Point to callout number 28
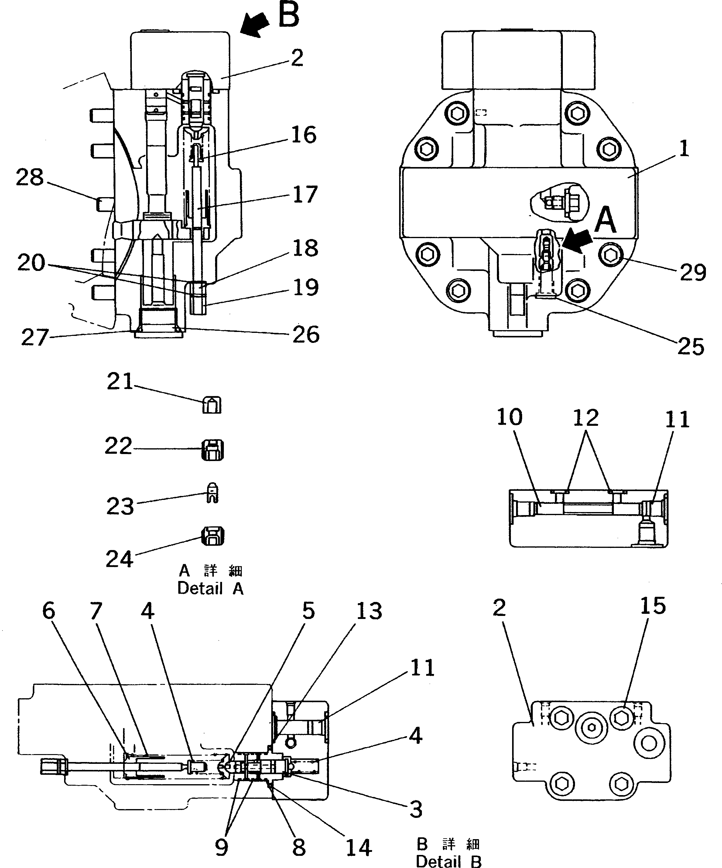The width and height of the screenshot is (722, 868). (x=30, y=178)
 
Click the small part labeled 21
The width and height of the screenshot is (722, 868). (x=212, y=405)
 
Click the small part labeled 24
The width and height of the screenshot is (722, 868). (x=212, y=536)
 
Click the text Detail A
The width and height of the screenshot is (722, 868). (x=210, y=589)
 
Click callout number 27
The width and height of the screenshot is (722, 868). (x=35, y=338)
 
